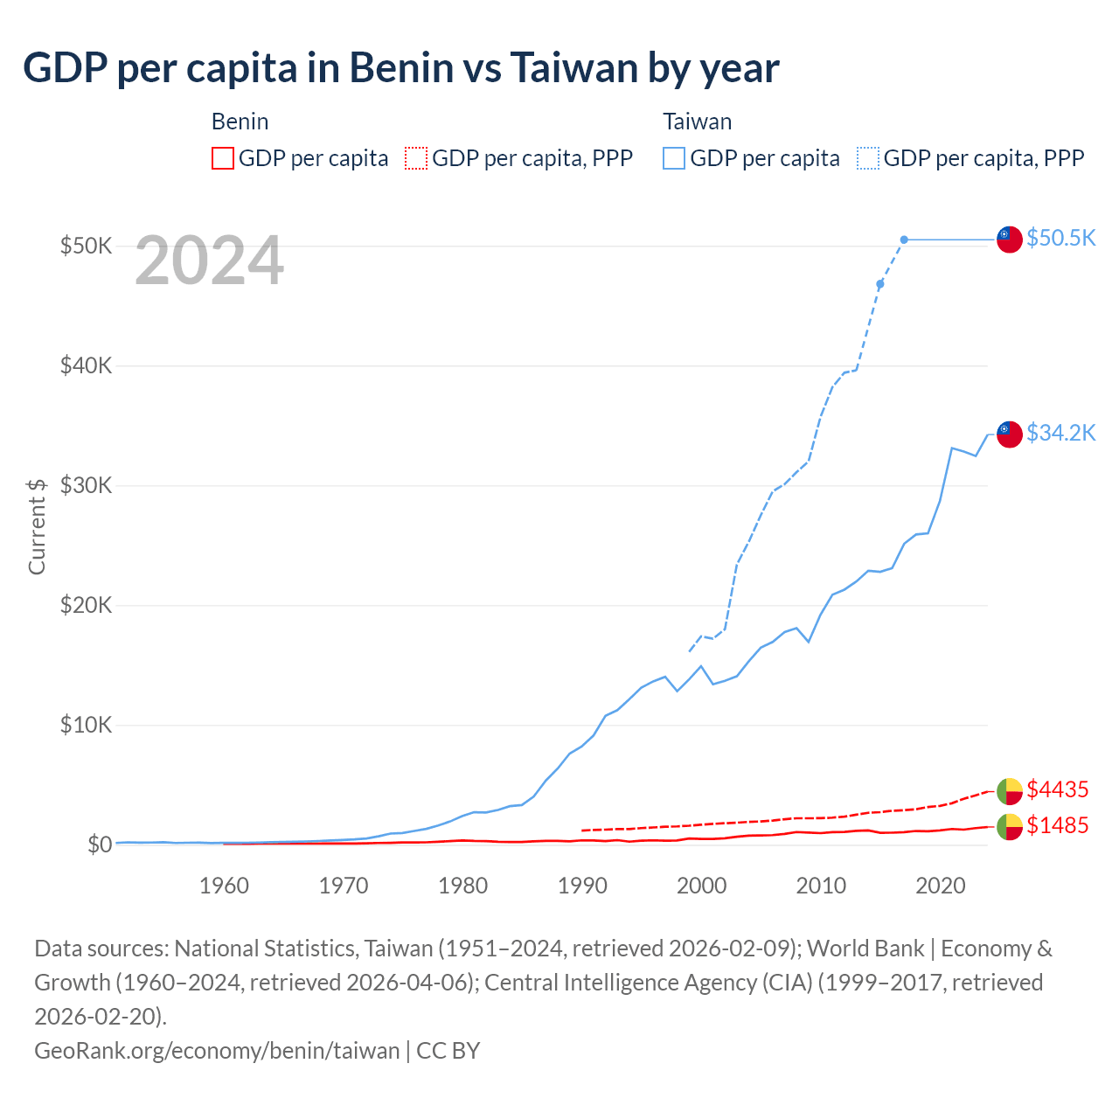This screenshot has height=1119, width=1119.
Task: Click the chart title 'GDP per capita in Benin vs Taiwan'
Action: click(400, 68)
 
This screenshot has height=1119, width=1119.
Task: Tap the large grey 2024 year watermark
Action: click(209, 261)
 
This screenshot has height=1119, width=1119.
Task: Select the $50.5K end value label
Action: click(1060, 239)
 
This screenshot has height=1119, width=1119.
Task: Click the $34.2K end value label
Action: click(1060, 433)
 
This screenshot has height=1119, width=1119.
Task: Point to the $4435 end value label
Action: click(1057, 789)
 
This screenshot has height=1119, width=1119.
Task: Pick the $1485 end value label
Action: click(1057, 825)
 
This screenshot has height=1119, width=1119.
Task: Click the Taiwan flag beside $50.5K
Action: click(1010, 239)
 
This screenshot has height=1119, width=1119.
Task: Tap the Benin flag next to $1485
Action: click(1010, 826)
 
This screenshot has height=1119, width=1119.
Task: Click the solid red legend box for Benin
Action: click(223, 158)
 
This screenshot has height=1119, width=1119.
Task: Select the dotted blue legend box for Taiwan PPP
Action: click(868, 158)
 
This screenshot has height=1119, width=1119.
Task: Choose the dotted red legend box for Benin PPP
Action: click(416, 158)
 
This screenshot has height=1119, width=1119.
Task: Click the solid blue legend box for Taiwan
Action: click(674, 158)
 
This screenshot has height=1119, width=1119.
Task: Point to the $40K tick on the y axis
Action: click(86, 365)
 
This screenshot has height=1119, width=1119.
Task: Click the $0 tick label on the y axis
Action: click(100, 844)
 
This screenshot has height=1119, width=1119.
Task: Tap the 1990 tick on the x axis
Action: click(582, 886)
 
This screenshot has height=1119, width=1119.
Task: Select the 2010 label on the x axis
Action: click(821, 886)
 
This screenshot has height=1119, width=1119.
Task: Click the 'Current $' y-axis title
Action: click(37, 526)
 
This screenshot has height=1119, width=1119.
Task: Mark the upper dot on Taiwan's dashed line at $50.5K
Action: click(904, 240)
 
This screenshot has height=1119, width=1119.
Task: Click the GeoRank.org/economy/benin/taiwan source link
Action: click(217, 1050)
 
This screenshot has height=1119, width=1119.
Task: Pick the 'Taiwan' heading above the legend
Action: click(697, 122)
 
